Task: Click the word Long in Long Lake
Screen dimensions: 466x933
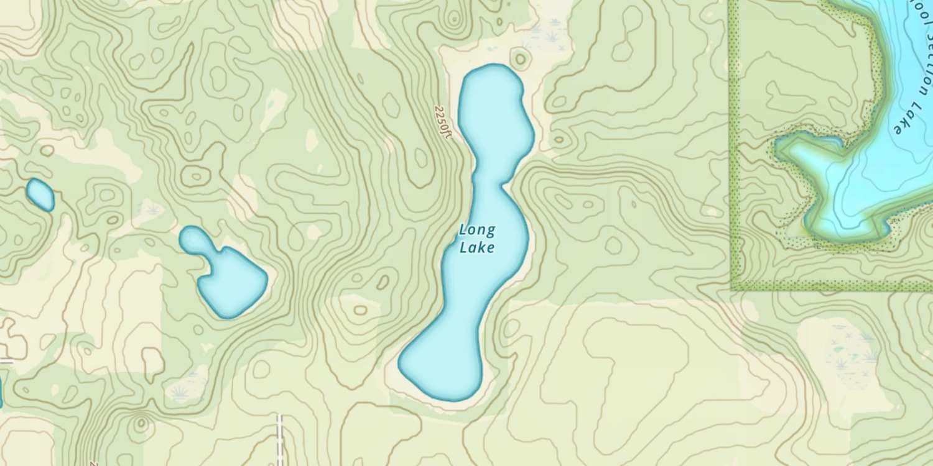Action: pos(477,231)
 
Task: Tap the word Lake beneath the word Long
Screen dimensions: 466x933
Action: pos(477,248)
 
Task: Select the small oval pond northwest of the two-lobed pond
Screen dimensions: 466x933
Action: pos(40,194)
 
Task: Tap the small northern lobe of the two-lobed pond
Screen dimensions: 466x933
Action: pos(193,239)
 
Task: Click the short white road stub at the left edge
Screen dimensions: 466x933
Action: pos(6,361)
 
